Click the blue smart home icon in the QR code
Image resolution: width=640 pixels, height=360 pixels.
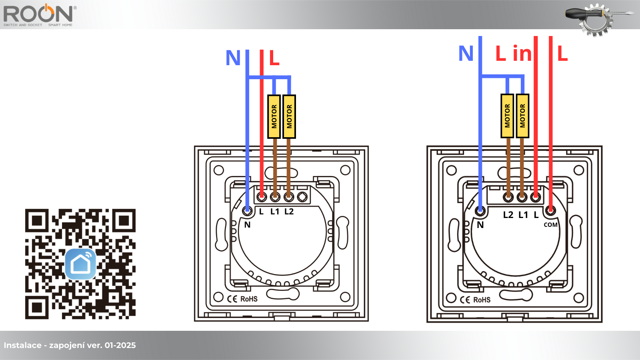[x=80, y=264]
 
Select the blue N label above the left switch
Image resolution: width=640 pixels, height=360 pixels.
[x=233, y=58]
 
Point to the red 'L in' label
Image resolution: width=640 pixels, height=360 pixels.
[x=514, y=53]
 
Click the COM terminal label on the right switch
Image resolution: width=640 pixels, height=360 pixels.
[x=550, y=225]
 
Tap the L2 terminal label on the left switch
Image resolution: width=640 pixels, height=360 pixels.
[x=289, y=212]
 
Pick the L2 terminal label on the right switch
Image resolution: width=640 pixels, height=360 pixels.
[x=508, y=214]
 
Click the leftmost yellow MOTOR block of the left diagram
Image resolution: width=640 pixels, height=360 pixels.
[x=274, y=116]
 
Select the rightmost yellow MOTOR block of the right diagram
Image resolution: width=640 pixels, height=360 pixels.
[x=522, y=116]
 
